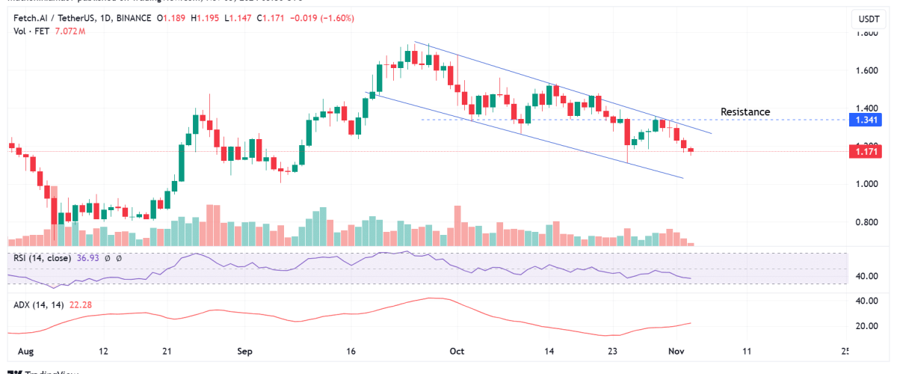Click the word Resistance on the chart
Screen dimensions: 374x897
745,112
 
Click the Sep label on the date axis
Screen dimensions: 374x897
246,351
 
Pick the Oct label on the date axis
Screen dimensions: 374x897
458,351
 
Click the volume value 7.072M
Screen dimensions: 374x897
67,31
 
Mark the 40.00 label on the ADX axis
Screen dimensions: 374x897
867,301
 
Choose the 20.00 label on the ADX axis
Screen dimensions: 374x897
867,326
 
